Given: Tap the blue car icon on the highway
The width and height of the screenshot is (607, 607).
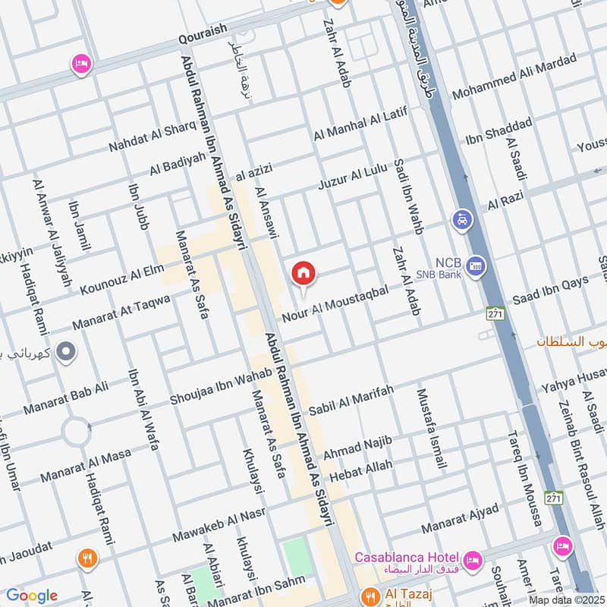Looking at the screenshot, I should pos(461,220).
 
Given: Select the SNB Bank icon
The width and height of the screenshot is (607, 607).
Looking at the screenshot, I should pos(475,266).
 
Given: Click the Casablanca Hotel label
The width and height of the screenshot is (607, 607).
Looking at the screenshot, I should pos(410,556).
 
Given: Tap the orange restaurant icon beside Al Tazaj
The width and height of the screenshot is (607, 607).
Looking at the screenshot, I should pos(370,594).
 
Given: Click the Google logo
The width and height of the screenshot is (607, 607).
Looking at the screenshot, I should pos(31,595).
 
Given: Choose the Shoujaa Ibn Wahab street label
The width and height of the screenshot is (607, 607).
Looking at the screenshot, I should pos(209,388).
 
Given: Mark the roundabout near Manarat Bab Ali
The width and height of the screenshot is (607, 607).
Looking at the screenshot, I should pos(78,432).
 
